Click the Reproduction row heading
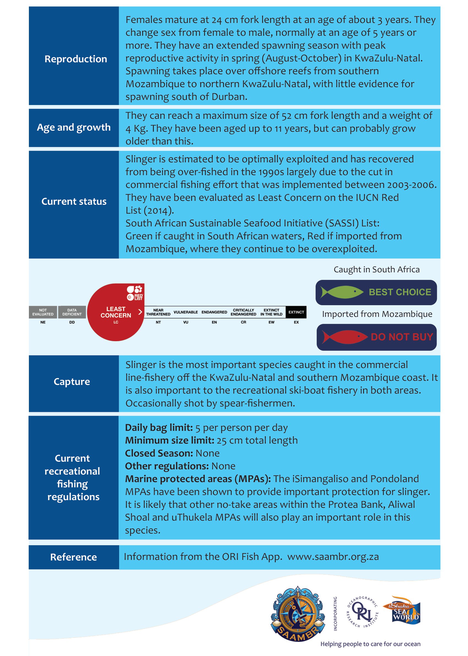tap(75, 59)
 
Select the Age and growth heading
tap(74, 127)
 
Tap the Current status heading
tap(74, 201)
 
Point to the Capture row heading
tap(72, 381)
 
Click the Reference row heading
tap(73, 557)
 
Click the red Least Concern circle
tap(116, 312)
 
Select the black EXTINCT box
tap(296, 312)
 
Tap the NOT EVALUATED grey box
tap(43, 312)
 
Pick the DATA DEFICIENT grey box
tap(72, 312)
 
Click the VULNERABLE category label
tap(186, 312)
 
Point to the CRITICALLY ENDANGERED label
tap(243, 312)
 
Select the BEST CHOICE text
tap(400, 292)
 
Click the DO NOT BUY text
tap(402, 337)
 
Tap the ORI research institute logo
tap(362, 612)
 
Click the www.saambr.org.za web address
tap(333, 557)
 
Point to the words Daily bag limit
tap(159, 428)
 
